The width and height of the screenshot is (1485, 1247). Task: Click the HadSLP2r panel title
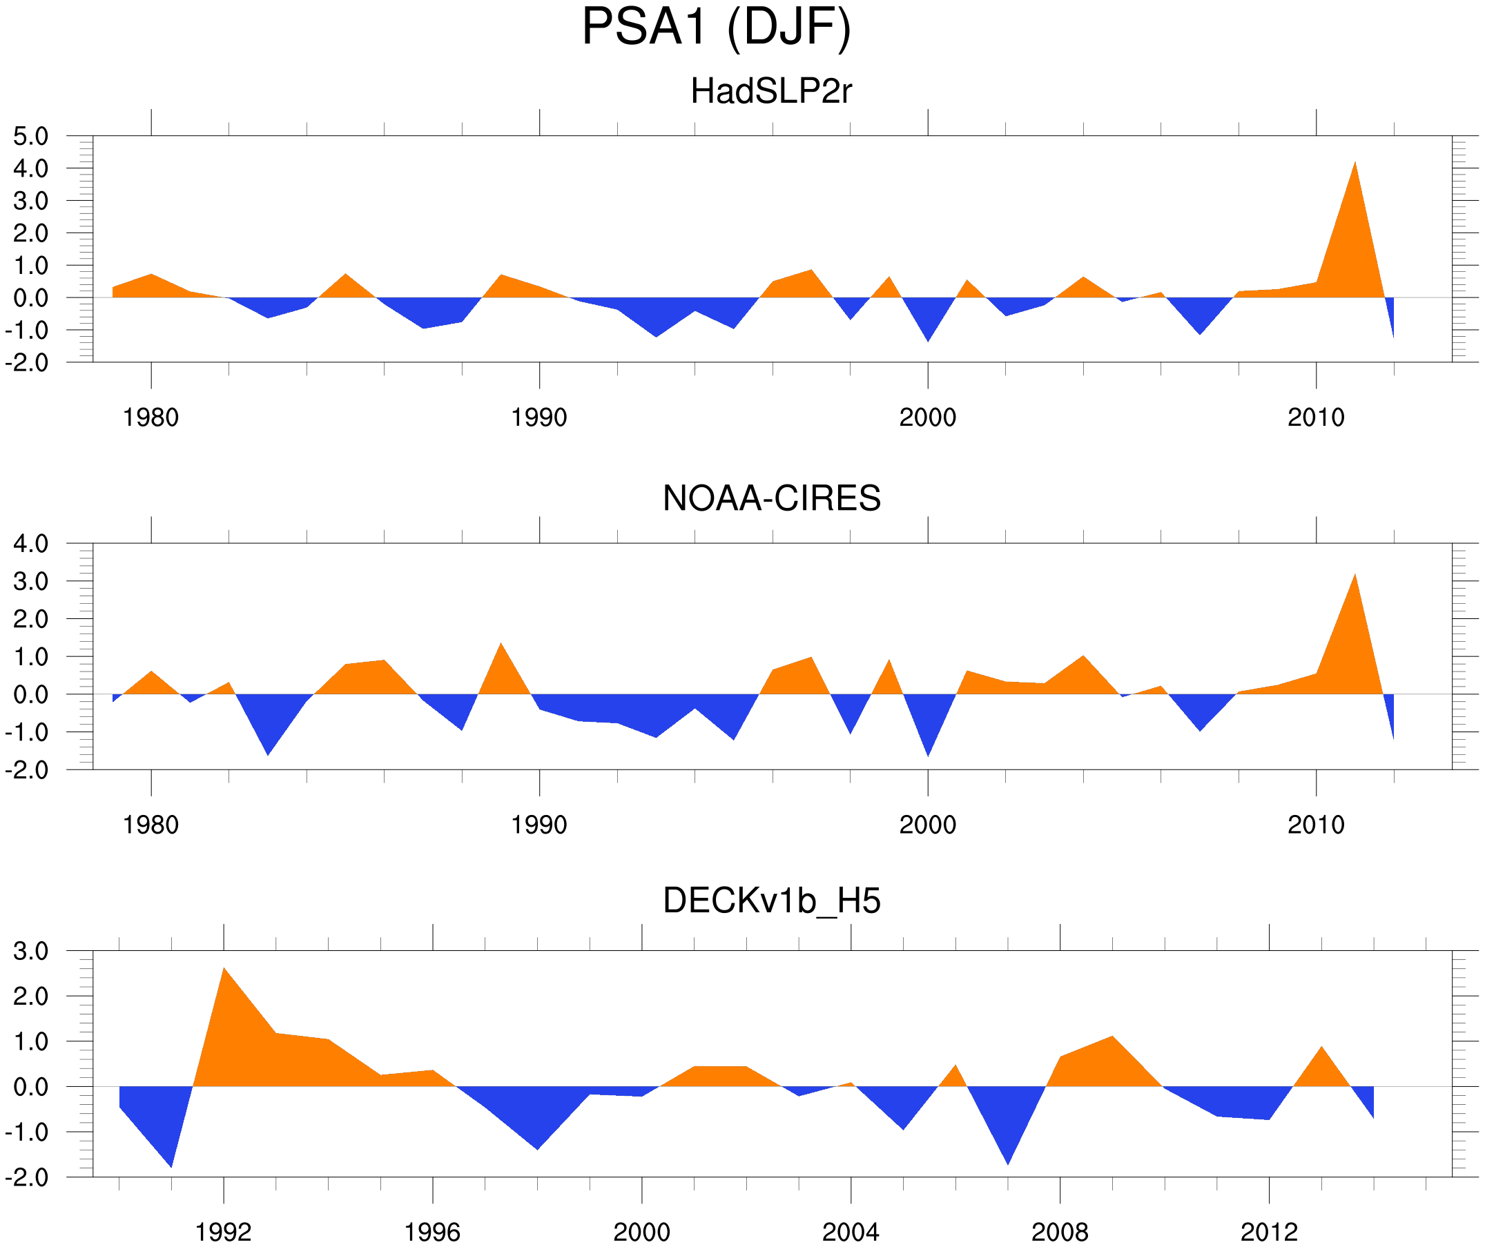(x=770, y=91)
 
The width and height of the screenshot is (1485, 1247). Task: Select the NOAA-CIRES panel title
(x=771, y=498)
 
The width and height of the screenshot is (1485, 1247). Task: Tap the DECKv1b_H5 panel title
(x=771, y=901)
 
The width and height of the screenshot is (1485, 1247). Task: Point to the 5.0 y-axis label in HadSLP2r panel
(x=31, y=137)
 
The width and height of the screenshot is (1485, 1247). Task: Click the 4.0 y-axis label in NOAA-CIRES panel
(x=31, y=544)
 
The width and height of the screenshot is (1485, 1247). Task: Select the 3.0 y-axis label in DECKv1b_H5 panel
(x=31, y=952)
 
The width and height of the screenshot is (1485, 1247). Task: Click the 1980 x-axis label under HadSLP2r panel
(x=151, y=418)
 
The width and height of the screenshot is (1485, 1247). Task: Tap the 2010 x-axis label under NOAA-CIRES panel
(x=1315, y=825)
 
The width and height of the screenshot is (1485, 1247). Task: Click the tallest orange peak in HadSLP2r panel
(x=1355, y=170)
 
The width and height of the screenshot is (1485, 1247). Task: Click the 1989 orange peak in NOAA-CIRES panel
(x=501, y=649)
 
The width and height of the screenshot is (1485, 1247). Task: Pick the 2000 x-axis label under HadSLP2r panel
(x=927, y=418)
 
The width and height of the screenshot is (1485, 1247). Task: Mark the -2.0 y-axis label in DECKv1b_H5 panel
(x=28, y=1178)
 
